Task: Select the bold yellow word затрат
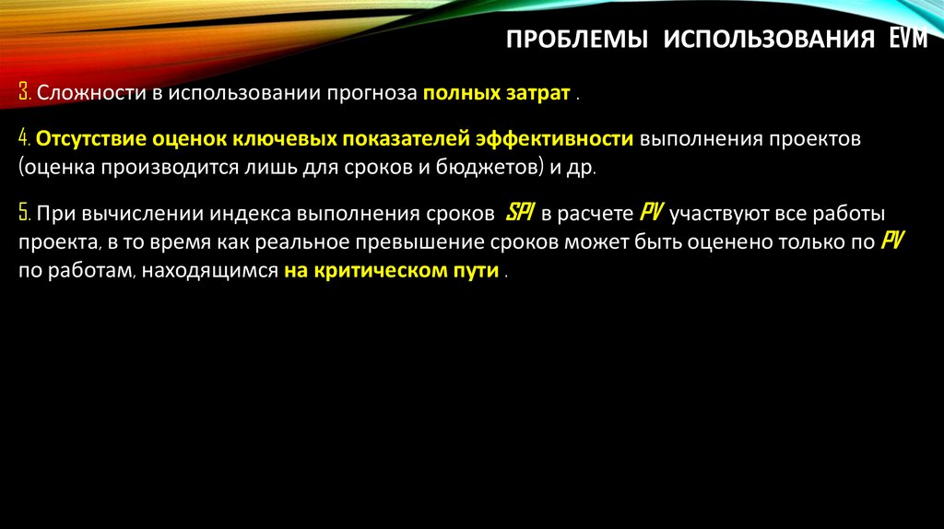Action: tap(539, 94)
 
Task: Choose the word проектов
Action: tap(811, 139)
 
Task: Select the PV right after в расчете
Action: tap(650, 214)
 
